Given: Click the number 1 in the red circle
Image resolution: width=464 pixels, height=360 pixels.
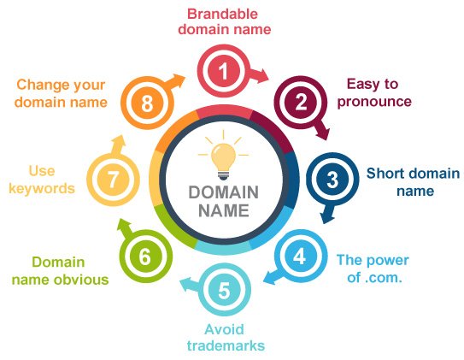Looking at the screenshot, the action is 224,71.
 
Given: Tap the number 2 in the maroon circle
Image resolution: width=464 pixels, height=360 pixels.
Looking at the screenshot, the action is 301,102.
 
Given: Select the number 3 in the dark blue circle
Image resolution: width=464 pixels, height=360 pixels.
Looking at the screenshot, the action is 332,179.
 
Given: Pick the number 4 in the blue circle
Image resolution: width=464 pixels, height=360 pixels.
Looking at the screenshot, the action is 300,256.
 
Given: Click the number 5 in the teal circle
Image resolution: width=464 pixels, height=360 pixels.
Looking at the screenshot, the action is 224,290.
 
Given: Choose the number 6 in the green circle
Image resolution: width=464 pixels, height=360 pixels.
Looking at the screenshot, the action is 145,257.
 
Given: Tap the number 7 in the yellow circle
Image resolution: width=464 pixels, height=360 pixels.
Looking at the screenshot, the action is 113,180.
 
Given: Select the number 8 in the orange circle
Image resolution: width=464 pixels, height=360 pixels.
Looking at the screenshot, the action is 147,103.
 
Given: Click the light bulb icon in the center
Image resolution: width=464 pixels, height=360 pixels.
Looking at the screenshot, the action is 223,156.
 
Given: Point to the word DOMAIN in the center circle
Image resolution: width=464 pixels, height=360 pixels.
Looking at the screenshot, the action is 224,192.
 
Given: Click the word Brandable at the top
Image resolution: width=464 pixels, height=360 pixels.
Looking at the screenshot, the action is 222,14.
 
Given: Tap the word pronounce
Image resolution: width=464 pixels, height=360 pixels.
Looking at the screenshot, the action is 374,102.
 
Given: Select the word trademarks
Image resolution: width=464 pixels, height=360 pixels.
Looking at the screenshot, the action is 226,345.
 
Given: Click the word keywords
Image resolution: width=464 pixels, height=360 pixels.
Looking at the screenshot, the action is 42,188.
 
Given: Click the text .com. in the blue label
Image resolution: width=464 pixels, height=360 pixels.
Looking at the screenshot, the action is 384,278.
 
